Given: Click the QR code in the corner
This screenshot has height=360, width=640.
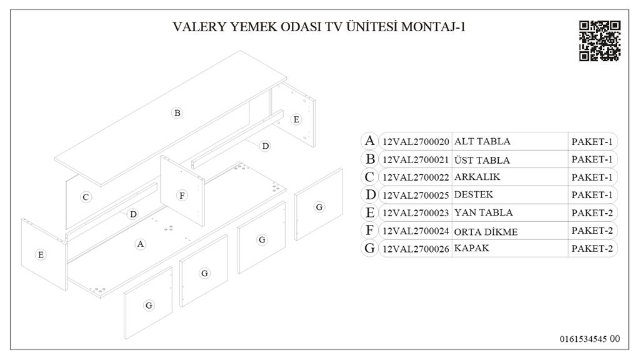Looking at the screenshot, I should coord(599,41).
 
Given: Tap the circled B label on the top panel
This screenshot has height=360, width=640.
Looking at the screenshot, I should coord(177,113).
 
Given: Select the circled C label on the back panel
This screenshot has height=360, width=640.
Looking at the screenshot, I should coord(86,197).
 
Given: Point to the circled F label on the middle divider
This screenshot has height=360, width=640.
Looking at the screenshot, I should coord(182,196).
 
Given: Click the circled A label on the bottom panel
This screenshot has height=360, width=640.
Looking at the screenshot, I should coord(141,244).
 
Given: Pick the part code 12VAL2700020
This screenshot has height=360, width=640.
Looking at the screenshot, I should coord(416,141).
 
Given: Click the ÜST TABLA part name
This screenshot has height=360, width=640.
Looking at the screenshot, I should coord(482,159).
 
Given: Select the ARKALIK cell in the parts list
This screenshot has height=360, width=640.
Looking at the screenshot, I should coord(477,177).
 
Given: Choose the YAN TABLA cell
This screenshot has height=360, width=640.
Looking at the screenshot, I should coord(483,213).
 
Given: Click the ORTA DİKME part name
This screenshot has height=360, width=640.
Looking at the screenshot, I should coord(486,231).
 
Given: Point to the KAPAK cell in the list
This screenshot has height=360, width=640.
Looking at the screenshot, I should coord(472,249).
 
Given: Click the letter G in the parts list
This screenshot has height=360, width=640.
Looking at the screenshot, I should coord(370,249).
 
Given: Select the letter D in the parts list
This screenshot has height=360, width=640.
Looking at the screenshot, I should coord(370,195).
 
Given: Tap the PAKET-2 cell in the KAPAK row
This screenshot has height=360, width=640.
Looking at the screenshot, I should coord(591,249).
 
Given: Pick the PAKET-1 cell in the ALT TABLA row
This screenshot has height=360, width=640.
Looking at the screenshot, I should coord(591,141).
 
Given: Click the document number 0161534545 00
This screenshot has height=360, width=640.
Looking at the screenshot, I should coord(589,339).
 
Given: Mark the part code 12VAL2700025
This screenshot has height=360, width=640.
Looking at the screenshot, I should coord(416,195).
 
